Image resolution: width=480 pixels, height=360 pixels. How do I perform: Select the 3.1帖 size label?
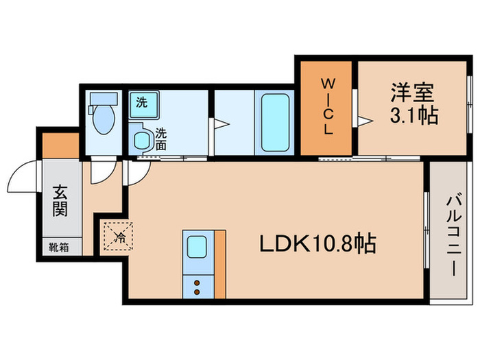(x=414, y=117)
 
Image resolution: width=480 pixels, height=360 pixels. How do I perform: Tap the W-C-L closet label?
(x=328, y=108)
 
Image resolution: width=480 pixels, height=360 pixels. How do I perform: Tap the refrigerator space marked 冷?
(x=117, y=237)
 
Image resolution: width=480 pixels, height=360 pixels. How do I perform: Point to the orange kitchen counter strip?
(x=219, y=264)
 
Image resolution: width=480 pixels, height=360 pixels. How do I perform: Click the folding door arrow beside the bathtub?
(x=221, y=124)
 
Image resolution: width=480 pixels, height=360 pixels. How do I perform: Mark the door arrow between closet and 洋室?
(x=363, y=121)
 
